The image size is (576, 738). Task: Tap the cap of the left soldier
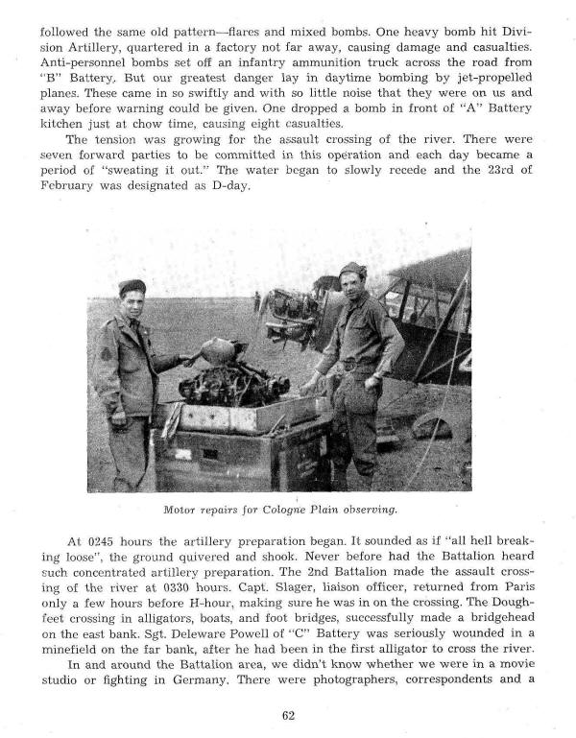[132, 286]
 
